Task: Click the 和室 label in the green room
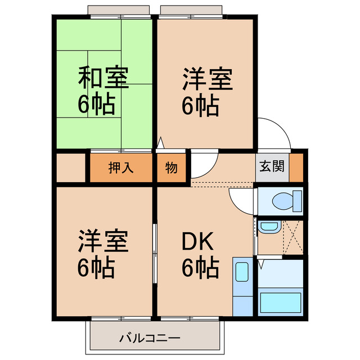coord(103,78)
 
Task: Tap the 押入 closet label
coord(121,167)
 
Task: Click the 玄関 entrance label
coord(272,166)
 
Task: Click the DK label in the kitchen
coord(197,242)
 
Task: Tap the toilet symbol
coord(284,201)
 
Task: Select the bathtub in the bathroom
coord(280,302)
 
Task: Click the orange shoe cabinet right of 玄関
coord(296,166)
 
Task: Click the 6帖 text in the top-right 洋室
coord(201,105)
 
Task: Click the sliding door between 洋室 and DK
coord(155,253)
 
